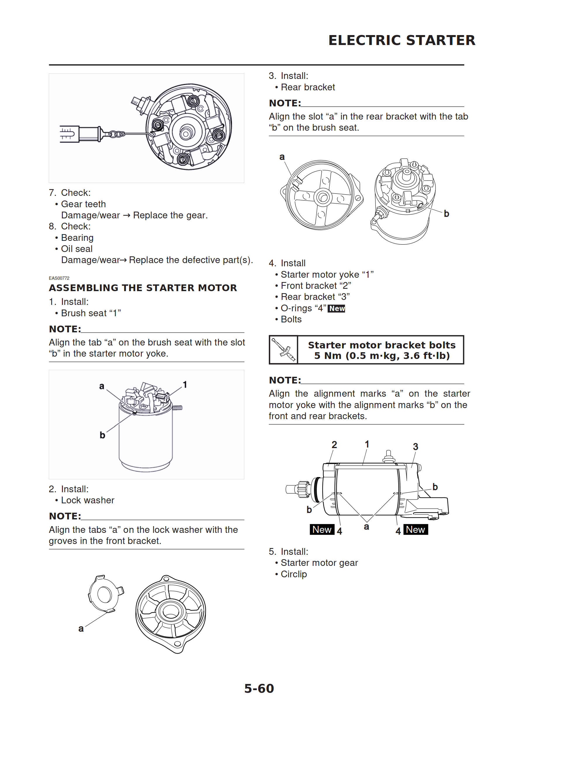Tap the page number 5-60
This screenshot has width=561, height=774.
point(259,688)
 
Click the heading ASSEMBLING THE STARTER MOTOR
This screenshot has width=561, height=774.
point(143,288)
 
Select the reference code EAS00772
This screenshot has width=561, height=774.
point(59,278)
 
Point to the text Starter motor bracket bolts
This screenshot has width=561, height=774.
point(382,345)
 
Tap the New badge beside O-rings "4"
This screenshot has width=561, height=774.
point(337,308)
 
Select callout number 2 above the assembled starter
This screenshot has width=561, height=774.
point(334,445)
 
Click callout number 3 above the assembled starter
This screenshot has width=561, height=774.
point(415,447)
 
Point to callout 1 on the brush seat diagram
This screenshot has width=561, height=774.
point(185,385)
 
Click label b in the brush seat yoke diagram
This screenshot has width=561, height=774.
point(102,435)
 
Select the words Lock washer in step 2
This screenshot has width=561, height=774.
point(87,500)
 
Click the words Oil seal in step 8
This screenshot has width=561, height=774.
point(77,249)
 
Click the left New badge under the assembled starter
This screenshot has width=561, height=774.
point(321,530)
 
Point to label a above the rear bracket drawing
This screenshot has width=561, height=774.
point(282,157)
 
